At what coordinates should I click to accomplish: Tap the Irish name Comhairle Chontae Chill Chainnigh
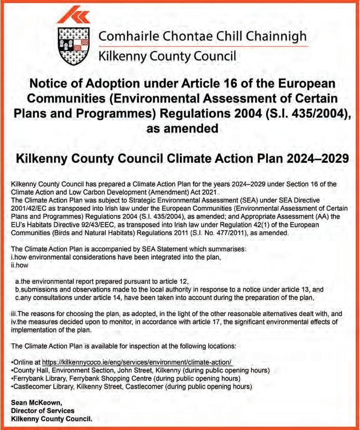[x=202, y=37]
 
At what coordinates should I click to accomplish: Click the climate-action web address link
[x=137, y=362]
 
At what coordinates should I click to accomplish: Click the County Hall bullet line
[x=140, y=370]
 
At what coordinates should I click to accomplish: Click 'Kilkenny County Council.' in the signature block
[x=52, y=418]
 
